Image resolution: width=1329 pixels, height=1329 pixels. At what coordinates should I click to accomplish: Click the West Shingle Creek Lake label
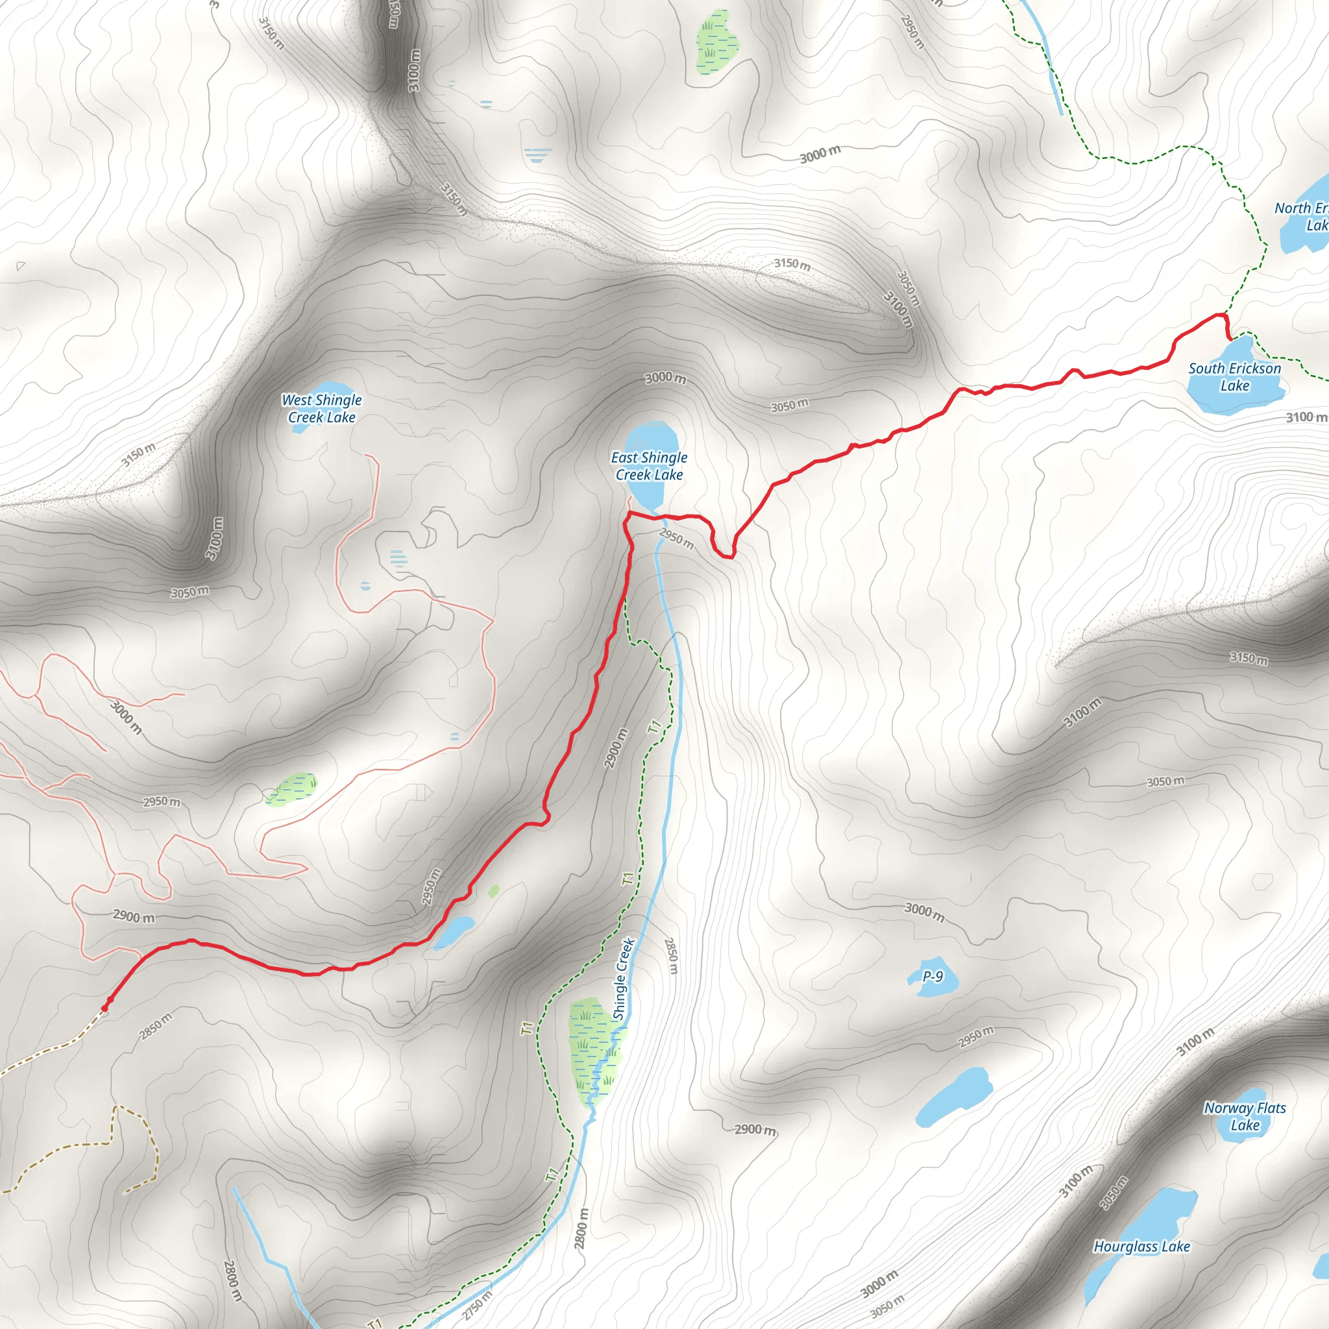[321, 409]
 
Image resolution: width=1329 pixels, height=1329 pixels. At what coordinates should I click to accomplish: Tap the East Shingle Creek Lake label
[649, 466]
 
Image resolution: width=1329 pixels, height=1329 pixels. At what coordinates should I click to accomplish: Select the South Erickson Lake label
[1234, 376]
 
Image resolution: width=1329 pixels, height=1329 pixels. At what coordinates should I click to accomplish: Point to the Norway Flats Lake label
[1245, 1116]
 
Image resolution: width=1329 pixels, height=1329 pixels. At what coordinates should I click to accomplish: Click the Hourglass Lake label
[1142, 1247]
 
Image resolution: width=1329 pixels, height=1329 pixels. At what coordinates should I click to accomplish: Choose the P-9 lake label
[933, 976]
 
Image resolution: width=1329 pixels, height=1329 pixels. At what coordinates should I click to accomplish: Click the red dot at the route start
[104, 1008]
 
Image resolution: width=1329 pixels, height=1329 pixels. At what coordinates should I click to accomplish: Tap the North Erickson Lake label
[1302, 216]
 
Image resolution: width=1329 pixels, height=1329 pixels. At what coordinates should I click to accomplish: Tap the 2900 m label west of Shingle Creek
[616, 748]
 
